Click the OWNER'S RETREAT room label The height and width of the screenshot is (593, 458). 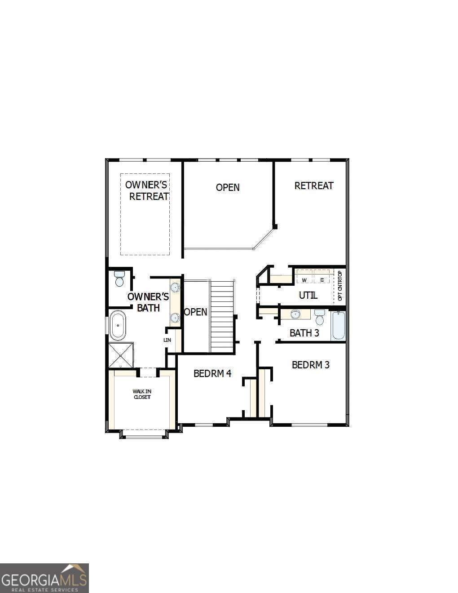pos(147,190)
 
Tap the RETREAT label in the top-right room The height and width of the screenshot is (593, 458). pos(314,186)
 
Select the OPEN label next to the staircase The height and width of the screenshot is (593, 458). pos(196,312)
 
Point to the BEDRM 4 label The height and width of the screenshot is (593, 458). pos(212,373)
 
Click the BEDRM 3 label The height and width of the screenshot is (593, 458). pos(311,365)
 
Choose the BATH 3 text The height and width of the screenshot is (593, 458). pos(304,333)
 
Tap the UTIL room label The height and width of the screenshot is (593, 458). pos(308,295)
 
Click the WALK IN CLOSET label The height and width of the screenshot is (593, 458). pos(142,394)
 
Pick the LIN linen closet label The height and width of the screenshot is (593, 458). pos(167,340)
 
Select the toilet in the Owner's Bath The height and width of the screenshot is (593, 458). pos(119,279)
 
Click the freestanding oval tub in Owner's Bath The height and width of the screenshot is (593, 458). pos(118,325)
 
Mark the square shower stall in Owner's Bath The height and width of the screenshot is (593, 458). pos(121,355)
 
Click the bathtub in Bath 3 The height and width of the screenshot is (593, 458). pos(338,326)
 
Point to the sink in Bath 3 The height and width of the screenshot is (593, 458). pos(295,314)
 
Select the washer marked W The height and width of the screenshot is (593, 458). pos(304,280)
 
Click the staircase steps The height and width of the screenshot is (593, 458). pos(222,317)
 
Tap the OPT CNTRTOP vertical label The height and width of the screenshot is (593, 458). pos(340,286)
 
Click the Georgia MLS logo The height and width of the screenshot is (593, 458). pos(44,578)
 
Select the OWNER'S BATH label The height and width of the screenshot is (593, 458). pos(148,302)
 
